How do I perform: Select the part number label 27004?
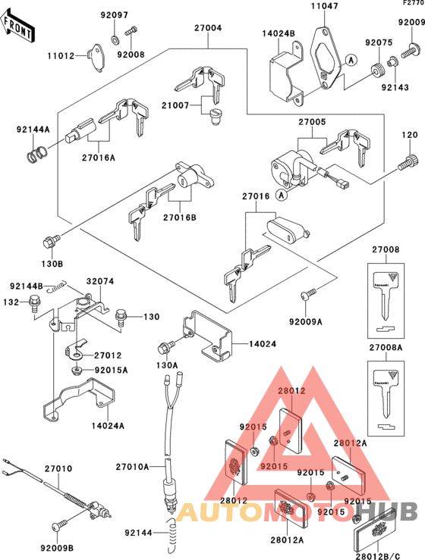207,28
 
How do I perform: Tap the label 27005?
311,120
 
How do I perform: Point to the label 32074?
99,280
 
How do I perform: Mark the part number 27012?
108,355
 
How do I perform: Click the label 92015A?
112,370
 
